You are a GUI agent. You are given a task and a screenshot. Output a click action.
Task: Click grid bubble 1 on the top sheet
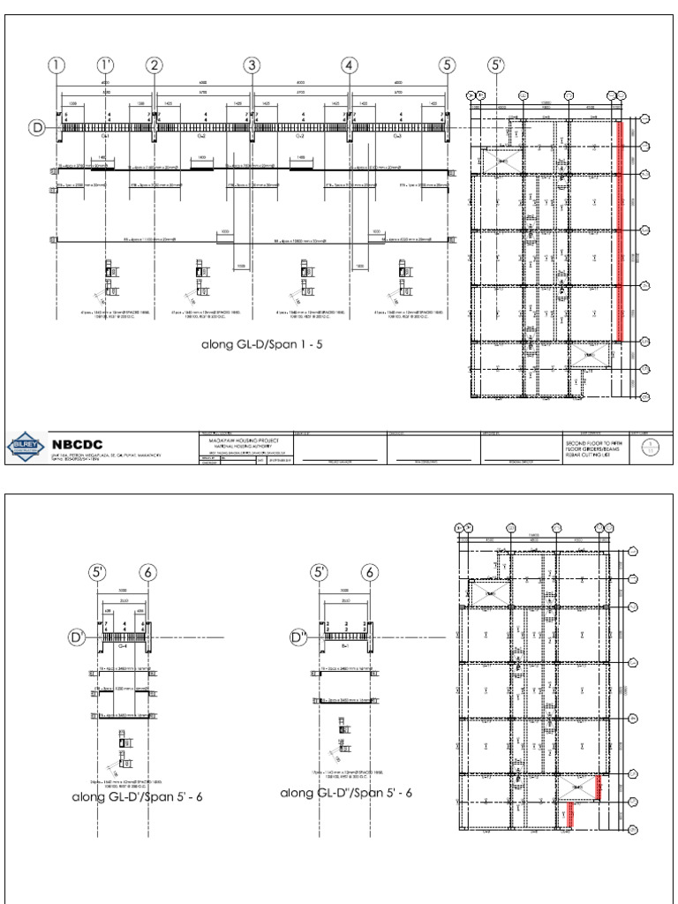[57, 65]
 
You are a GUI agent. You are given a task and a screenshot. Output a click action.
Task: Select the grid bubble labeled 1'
[106, 65]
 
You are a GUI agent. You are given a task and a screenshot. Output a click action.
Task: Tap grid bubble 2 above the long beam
[154, 65]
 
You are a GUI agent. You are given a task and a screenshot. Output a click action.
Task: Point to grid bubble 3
[252, 65]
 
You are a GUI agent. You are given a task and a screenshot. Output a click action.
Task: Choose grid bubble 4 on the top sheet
[350, 65]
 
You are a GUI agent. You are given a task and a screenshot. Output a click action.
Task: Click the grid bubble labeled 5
[448, 65]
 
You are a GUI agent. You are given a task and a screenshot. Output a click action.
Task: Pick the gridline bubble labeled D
[38, 128]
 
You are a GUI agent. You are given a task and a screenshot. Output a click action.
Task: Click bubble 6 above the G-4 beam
[147, 573]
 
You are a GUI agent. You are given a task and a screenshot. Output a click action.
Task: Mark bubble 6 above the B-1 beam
[368, 573]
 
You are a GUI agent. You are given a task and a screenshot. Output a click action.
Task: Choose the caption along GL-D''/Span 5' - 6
[346, 793]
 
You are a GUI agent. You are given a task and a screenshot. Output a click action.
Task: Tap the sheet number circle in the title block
[652, 446]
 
